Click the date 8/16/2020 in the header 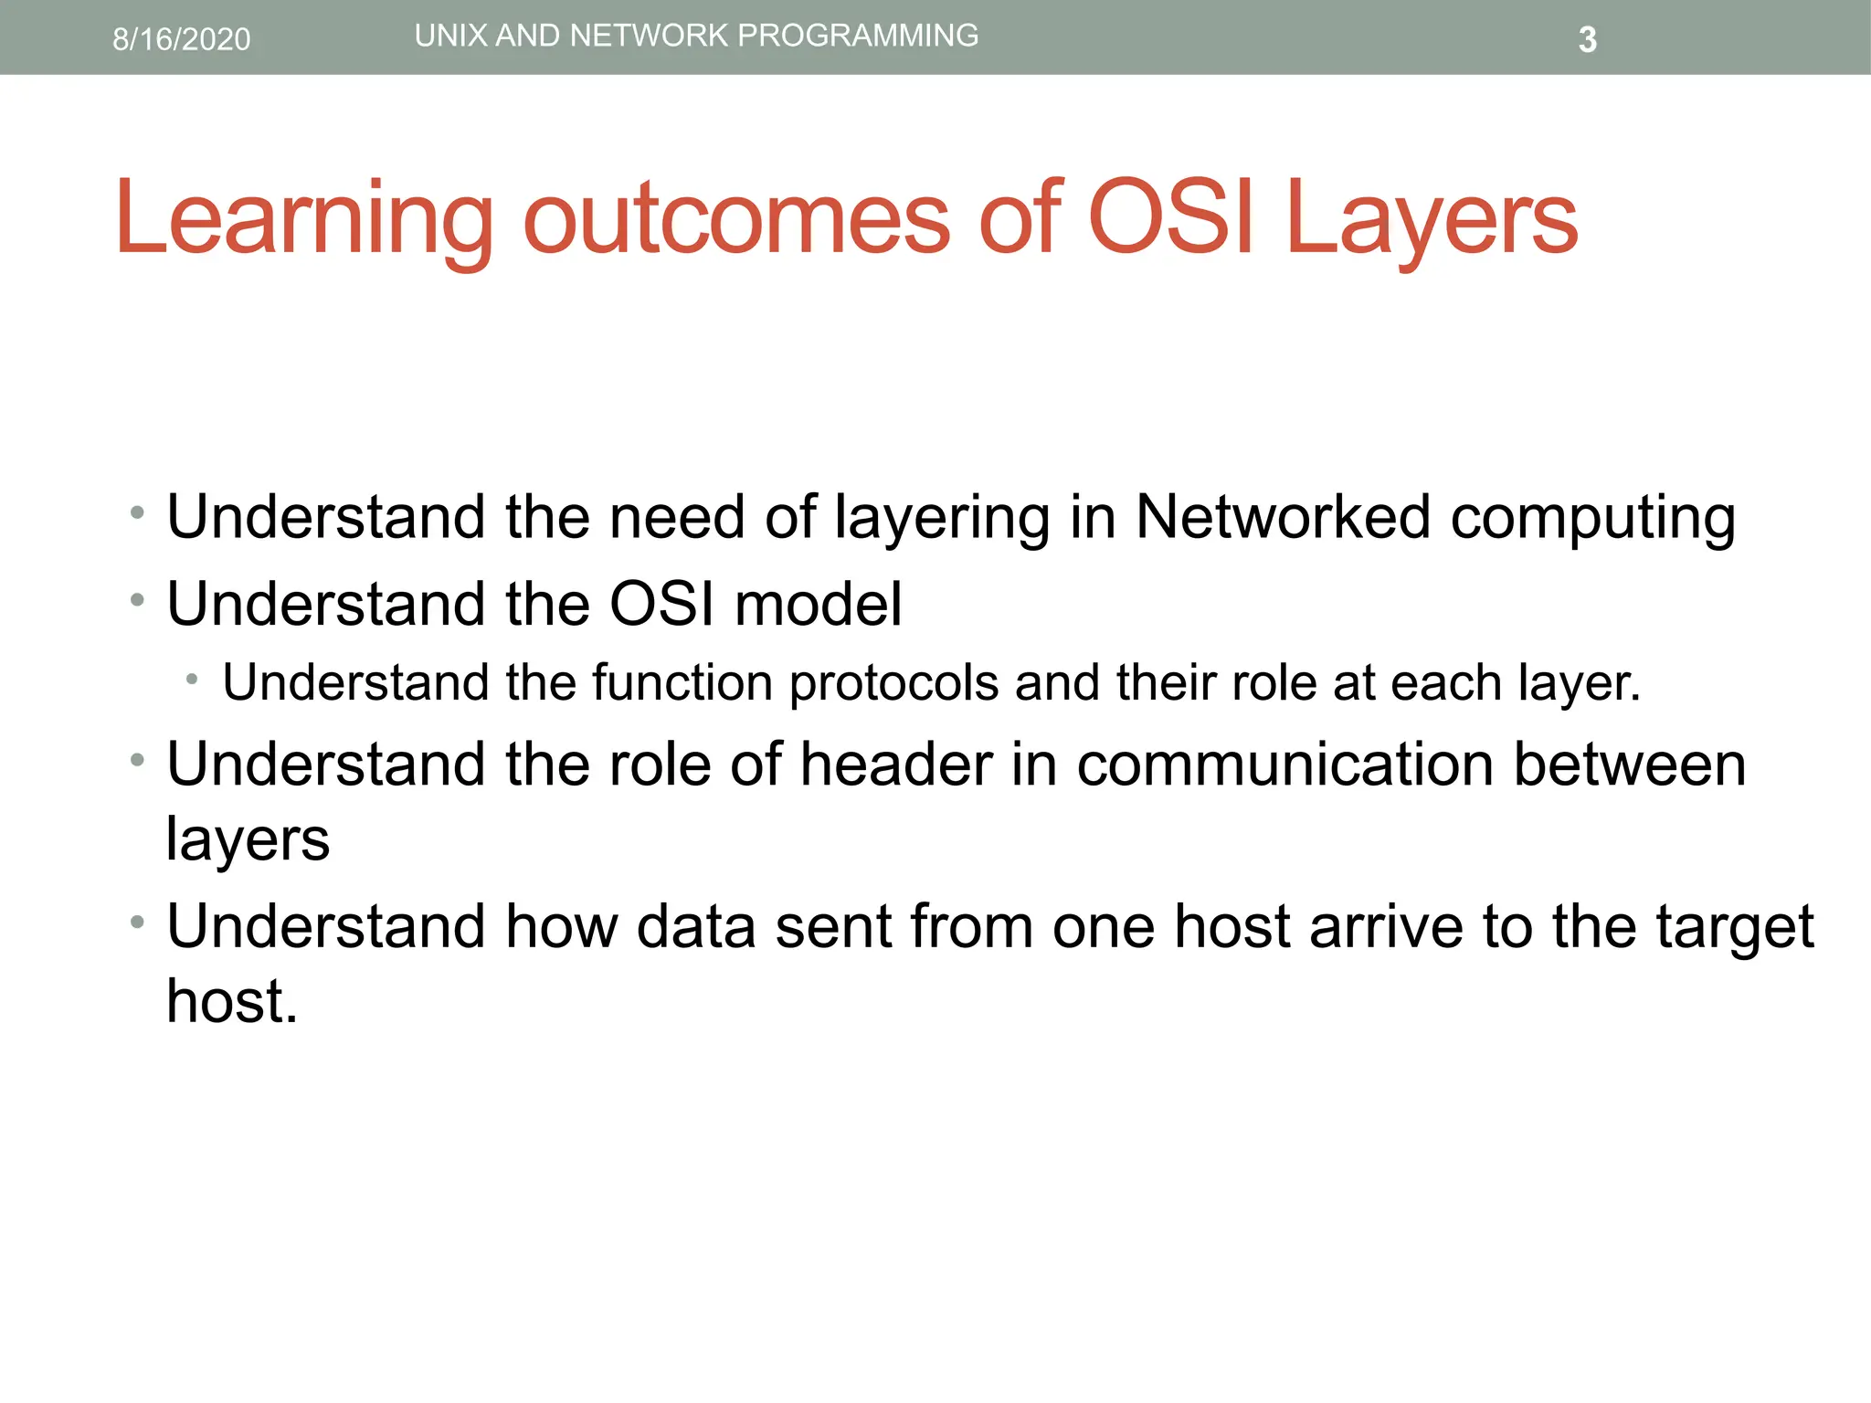pos(181,39)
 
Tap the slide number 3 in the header pos(1587,40)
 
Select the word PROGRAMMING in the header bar pos(858,36)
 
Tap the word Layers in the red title pos(1432,219)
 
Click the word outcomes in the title pos(736,219)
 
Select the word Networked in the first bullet pos(1283,517)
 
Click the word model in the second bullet pos(818,604)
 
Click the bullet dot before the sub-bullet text pos(192,680)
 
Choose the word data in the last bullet pos(696,926)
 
